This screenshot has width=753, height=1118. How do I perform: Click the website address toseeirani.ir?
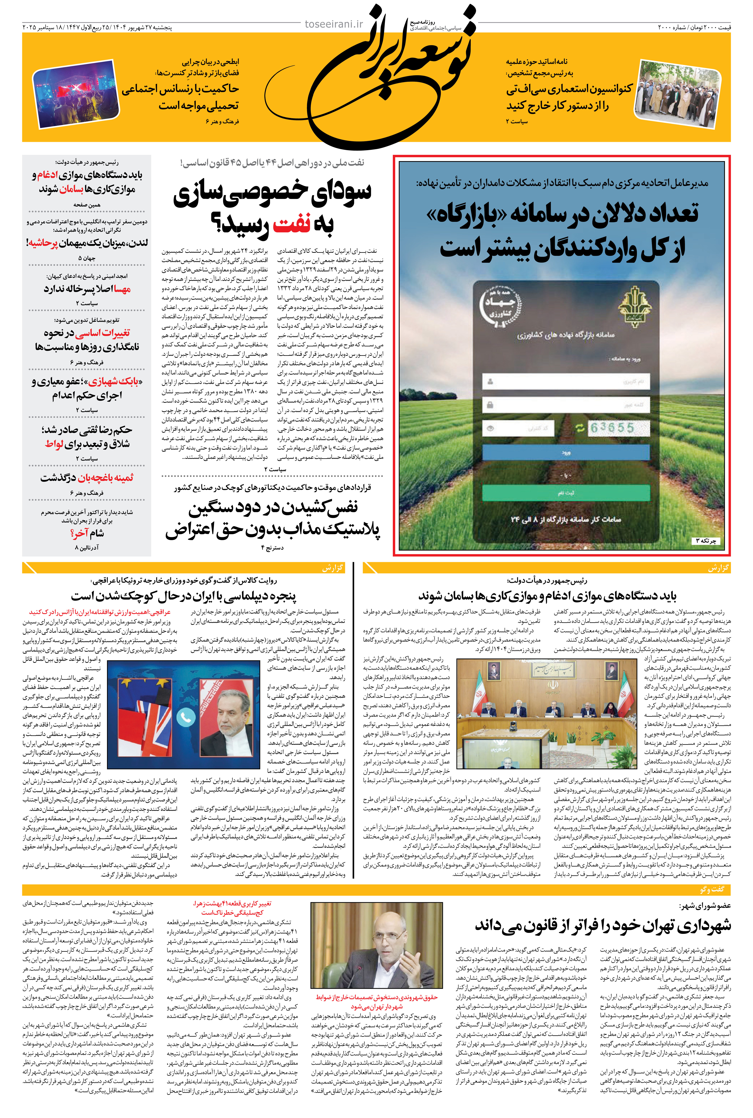[334, 24]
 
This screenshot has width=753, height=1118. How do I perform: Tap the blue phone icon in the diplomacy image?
[186, 718]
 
